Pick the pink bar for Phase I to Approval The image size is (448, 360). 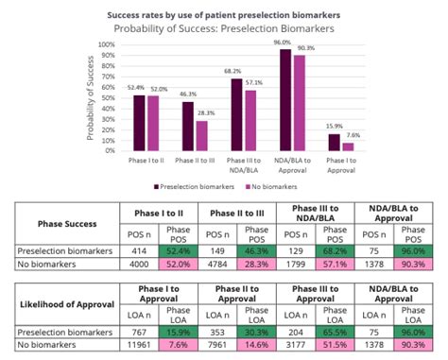point(348,147)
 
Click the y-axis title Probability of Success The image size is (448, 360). point(91,96)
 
